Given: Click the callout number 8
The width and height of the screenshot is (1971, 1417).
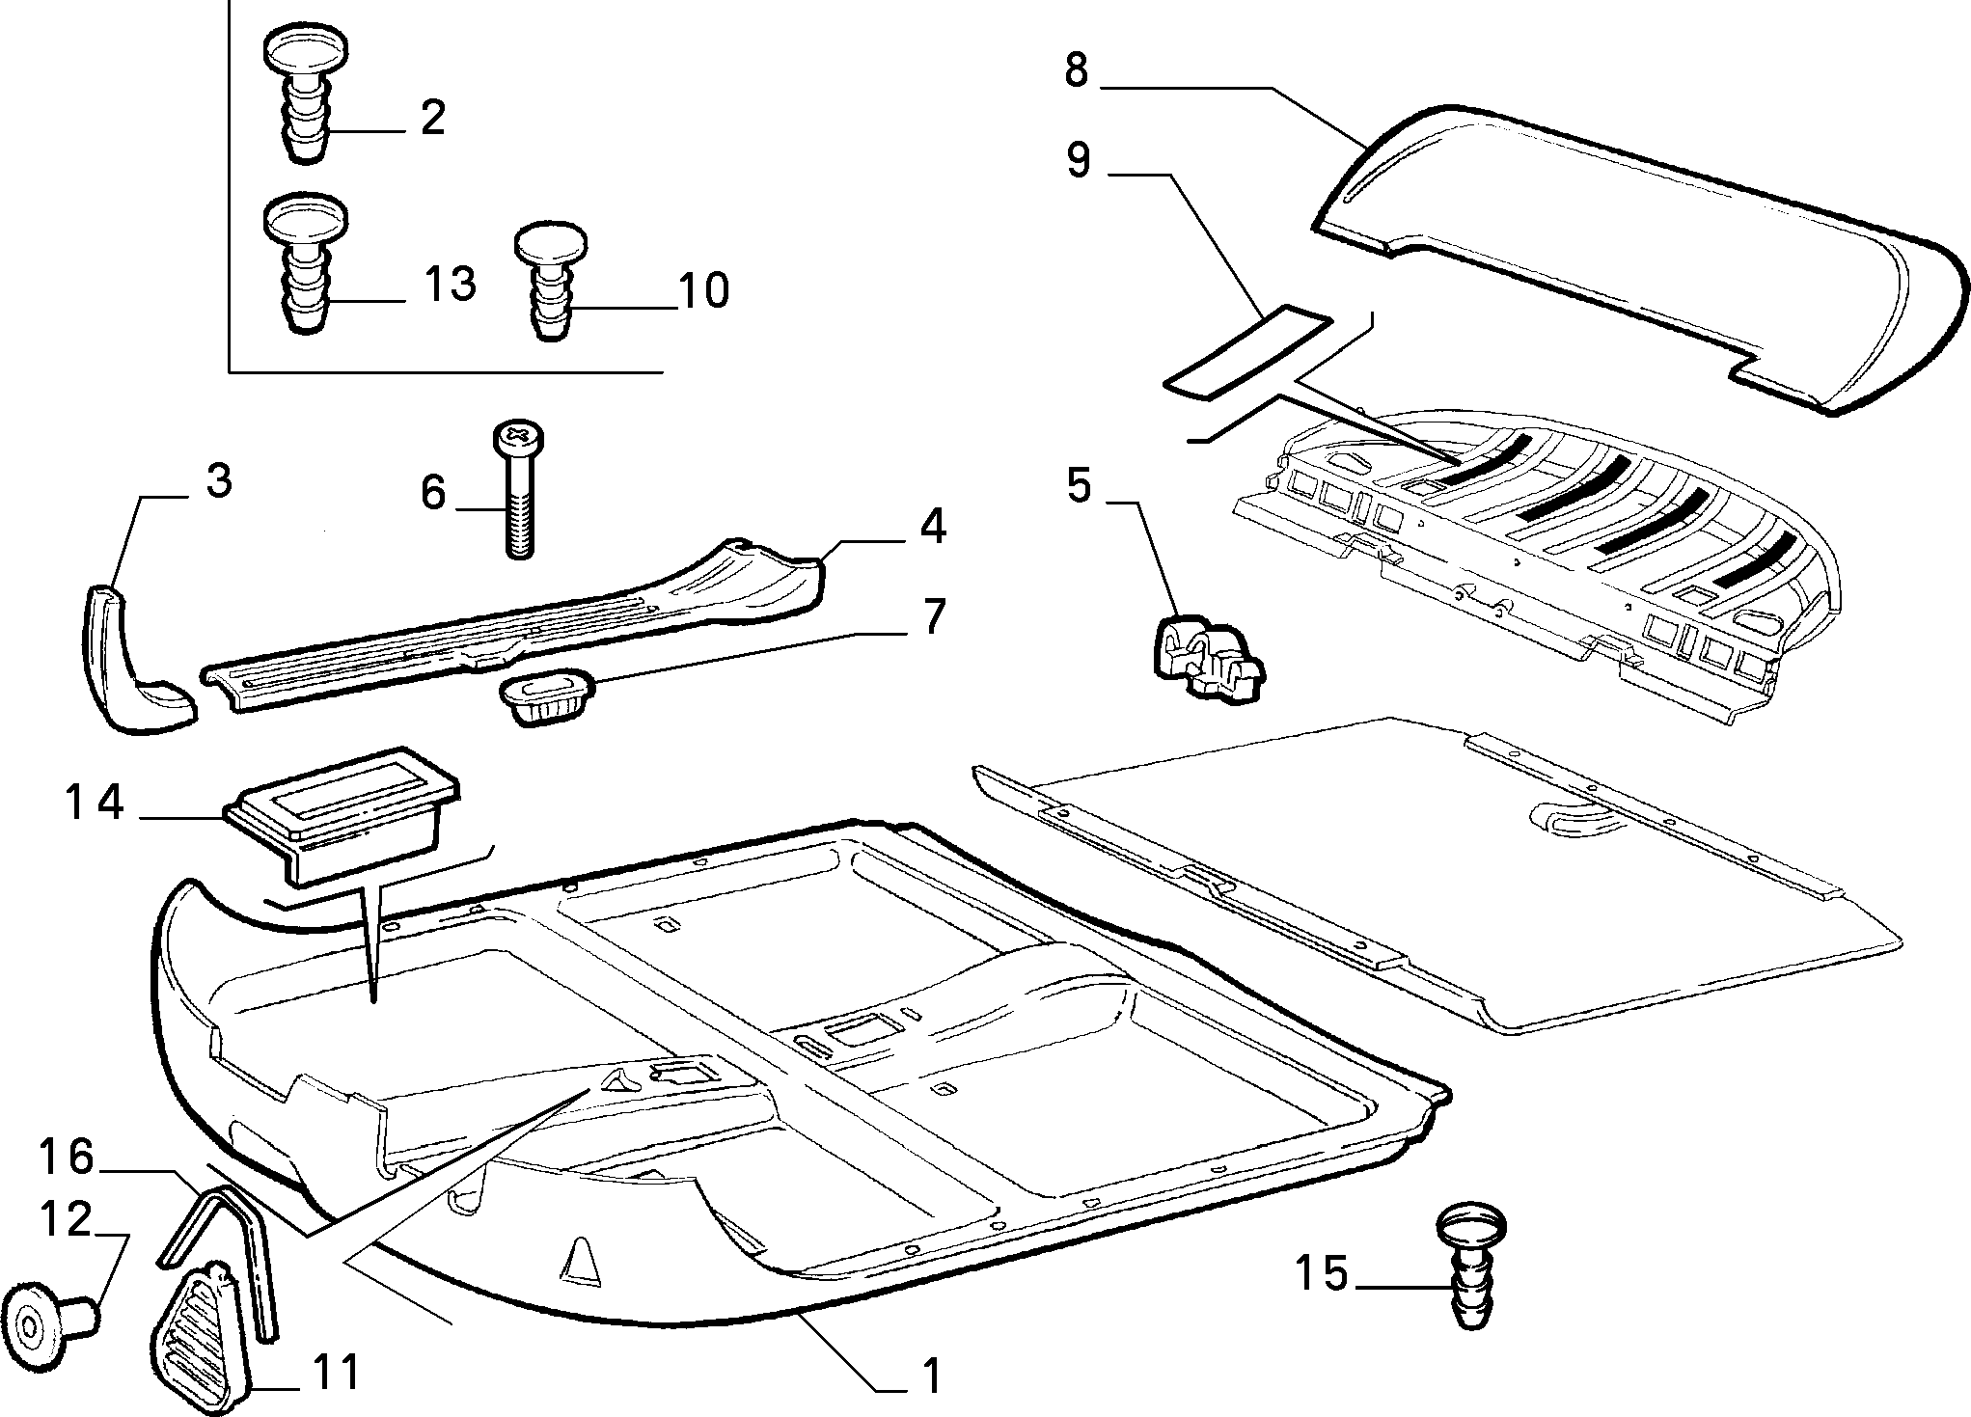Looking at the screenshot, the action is click(1077, 71).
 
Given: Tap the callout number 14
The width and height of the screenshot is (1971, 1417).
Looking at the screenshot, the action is click(95, 803).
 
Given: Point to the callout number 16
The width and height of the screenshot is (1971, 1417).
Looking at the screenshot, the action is click(66, 1157).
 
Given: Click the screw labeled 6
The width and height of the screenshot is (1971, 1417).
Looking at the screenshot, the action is click(519, 489).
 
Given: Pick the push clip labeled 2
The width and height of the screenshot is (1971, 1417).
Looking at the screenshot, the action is click(305, 97).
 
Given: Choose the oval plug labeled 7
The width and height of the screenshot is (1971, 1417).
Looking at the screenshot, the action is click(547, 694).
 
